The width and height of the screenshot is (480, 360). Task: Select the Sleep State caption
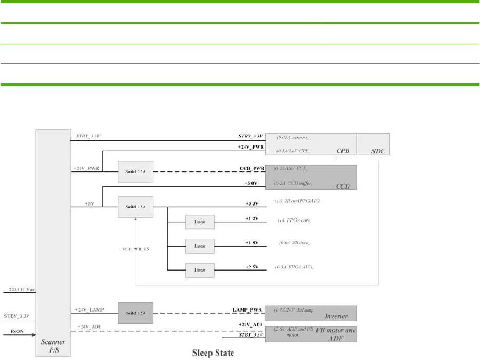213,353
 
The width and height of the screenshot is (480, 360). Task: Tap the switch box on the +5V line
135,206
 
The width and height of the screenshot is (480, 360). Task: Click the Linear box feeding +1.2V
200,221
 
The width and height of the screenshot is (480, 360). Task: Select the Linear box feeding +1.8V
200,246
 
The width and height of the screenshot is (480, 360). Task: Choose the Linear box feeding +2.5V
200,269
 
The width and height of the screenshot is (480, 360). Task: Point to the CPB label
342,151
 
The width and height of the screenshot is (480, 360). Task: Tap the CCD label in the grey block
343,186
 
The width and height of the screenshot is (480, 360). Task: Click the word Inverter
336,316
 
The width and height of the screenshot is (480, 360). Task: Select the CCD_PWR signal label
252,169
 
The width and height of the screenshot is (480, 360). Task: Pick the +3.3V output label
251,203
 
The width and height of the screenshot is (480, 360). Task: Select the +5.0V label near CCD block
251,184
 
